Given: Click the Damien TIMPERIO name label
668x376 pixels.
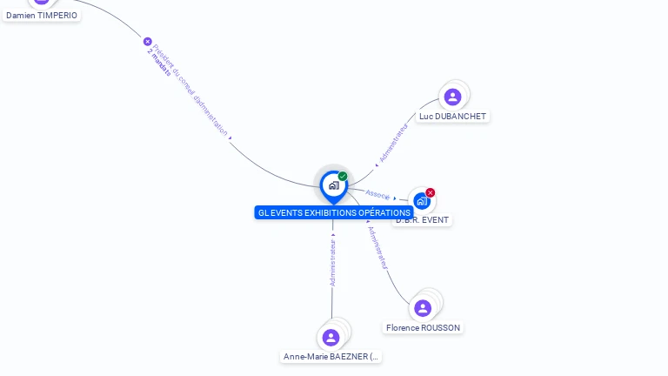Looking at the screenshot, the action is [x=41, y=16].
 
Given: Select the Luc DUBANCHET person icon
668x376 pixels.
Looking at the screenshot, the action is [x=452, y=97].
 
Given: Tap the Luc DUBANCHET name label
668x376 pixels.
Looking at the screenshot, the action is [x=452, y=117].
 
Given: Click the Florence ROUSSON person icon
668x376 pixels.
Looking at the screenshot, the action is [x=423, y=308].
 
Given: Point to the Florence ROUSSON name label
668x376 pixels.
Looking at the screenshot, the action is [x=424, y=328].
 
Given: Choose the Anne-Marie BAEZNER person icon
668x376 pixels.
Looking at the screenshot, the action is [x=331, y=337].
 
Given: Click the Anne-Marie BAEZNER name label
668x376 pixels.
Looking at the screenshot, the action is [x=331, y=357].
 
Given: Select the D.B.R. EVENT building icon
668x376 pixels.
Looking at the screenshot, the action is [x=422, y=201].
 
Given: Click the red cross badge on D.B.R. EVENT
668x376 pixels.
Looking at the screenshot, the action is [x=431, y=192].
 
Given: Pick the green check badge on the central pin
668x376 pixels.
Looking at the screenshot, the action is [x=343, y=177].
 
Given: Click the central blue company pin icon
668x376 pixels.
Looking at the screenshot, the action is [x=333, y=185].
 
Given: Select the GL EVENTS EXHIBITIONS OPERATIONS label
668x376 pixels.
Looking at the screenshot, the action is [x=334, y=212].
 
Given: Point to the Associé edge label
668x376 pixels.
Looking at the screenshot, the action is [x=377, y=194].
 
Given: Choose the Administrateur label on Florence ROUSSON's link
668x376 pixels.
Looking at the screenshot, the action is [x=377, y=247].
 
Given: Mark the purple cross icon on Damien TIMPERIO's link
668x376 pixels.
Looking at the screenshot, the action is [x=147, y=42].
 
